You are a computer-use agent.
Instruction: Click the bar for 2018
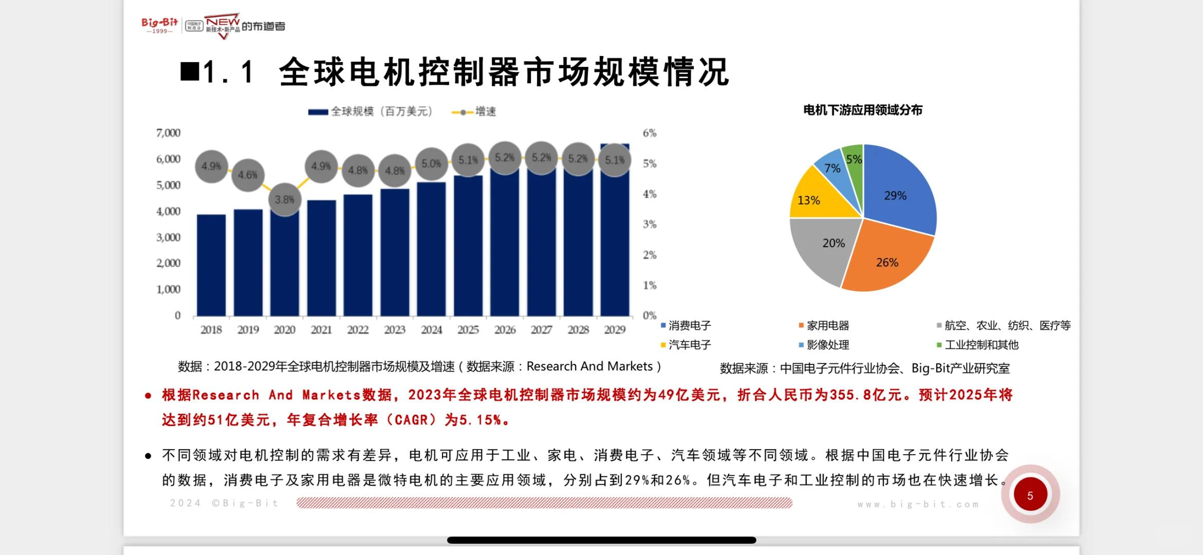211,265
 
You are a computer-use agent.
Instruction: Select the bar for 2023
395,252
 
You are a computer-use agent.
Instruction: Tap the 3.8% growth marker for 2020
284,199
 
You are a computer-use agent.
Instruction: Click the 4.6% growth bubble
248,175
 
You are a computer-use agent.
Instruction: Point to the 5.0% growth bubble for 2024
431,164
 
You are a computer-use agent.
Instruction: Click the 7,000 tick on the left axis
168,133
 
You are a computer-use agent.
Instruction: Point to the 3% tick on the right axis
650,224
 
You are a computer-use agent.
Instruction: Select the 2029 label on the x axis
615,330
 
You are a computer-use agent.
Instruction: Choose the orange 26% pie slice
886,260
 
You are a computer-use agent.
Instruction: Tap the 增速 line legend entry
473,112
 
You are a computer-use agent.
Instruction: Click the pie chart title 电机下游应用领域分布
862,110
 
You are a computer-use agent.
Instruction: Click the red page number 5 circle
1030,495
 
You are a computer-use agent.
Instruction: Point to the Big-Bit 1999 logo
159,25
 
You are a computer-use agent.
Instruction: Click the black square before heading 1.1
190,71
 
